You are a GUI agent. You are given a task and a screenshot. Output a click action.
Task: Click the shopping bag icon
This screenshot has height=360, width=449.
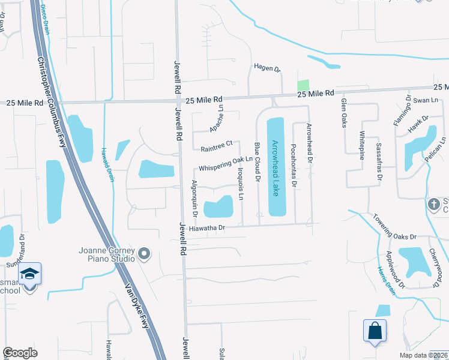(375, 331)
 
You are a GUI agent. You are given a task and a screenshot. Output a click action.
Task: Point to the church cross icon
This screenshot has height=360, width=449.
(433, 204)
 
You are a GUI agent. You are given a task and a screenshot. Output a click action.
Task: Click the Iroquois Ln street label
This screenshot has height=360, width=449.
(242, 184)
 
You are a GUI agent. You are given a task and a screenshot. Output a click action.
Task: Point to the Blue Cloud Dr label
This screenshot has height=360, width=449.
(257, 162)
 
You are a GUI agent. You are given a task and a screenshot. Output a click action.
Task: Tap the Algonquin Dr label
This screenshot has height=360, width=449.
(194, 197)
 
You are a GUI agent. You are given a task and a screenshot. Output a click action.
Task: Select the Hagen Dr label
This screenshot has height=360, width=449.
(267, 69)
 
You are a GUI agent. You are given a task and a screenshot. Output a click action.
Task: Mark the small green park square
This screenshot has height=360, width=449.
(303, 85)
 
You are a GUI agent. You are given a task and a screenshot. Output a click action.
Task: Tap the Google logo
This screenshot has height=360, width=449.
(20, 353)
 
